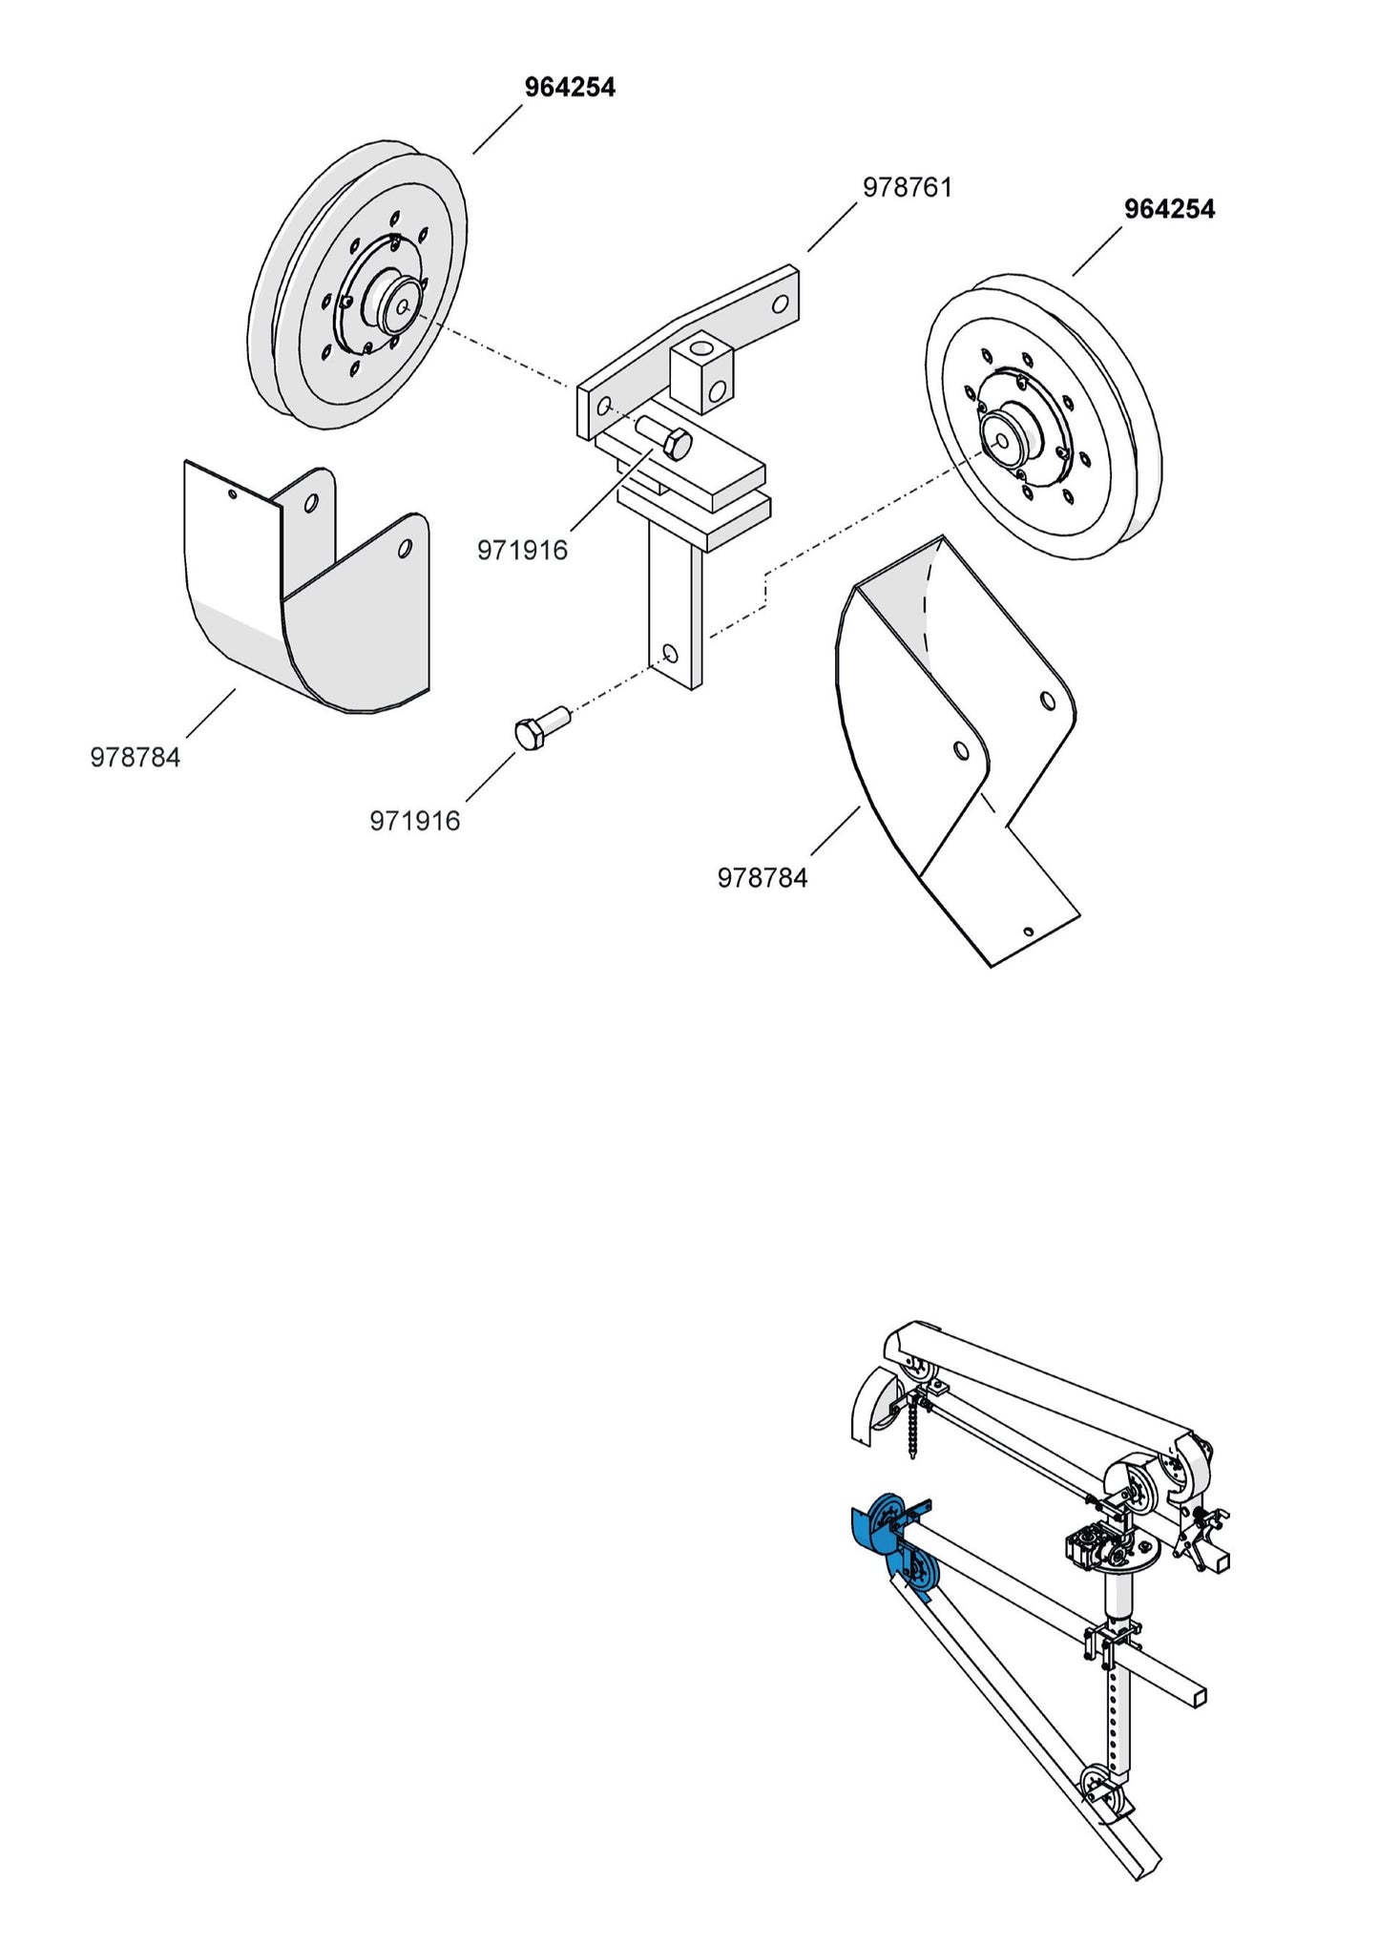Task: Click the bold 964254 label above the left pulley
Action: tap(570, 88)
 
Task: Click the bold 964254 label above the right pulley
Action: tap(1169, 209)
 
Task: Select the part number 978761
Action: tap(907, 187)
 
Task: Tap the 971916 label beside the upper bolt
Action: tap(522, 550)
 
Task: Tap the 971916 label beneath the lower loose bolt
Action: tap(414, 821)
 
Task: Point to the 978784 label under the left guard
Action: tap(135, 758)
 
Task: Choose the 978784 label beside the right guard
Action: tap(762, 878)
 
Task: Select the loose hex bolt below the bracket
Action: tap(537, 727)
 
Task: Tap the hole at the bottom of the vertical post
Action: tap(670, 653)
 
